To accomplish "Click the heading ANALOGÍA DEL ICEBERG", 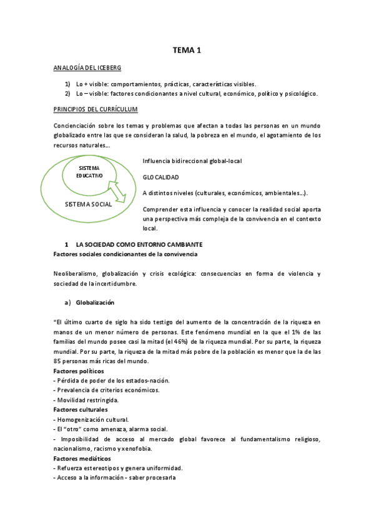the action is [x=87, y=67].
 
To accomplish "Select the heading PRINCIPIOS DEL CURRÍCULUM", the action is [x=96, y=109].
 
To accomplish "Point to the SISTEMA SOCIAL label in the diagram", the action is [x=89, y=204].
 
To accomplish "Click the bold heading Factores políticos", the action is [x=79, y=371].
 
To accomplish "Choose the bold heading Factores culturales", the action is [x=81, y=409].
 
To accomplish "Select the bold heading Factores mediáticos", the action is [x=82, y=459].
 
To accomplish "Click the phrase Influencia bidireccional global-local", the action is [x=192, y=161].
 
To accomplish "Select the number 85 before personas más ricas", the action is [x=59, y=361].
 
